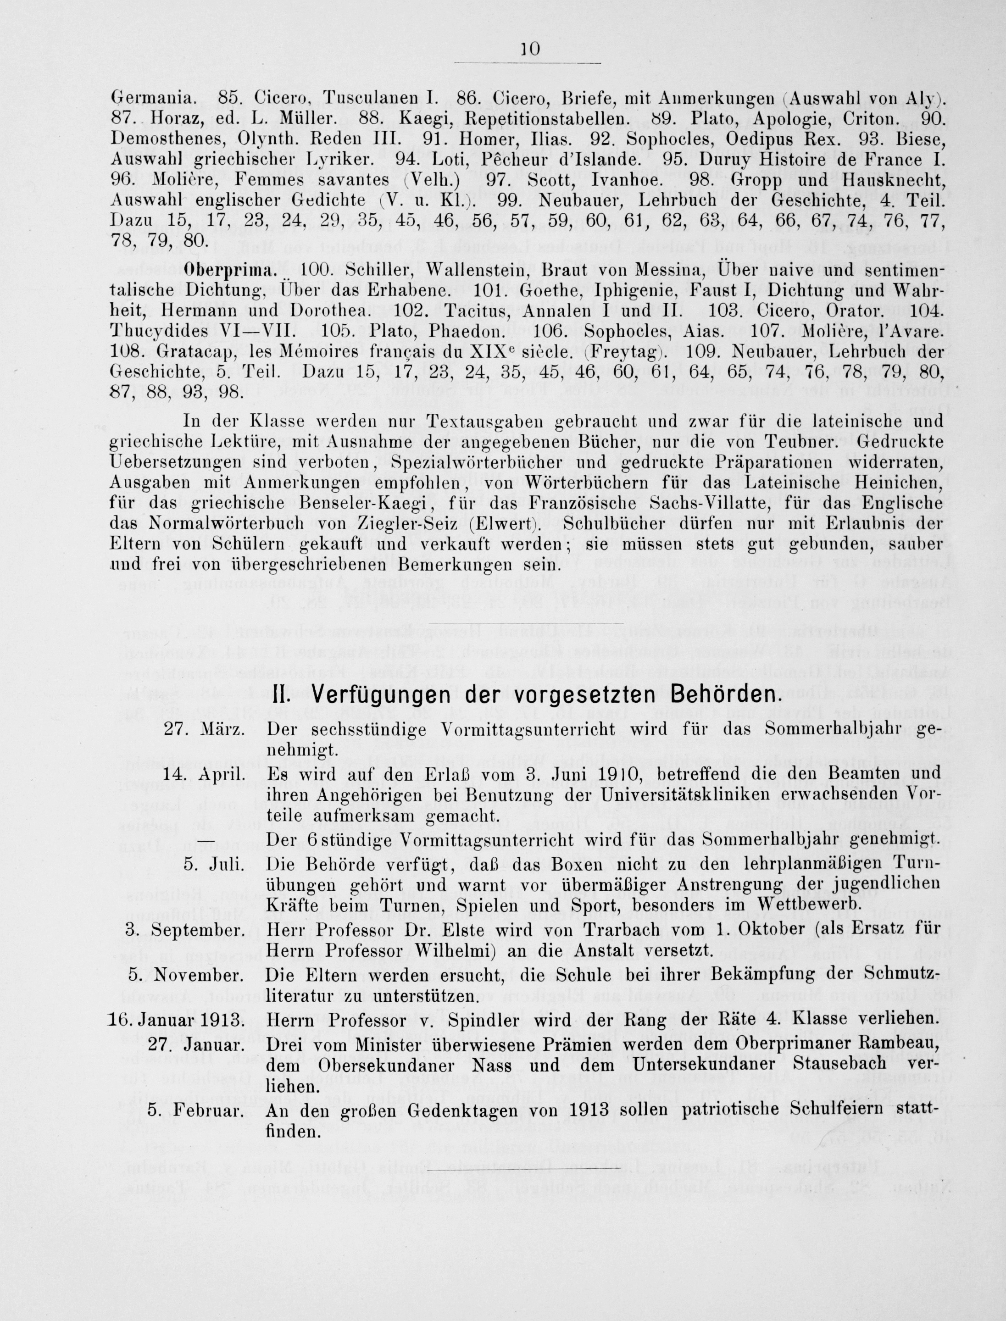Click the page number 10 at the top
coord(531,50)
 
